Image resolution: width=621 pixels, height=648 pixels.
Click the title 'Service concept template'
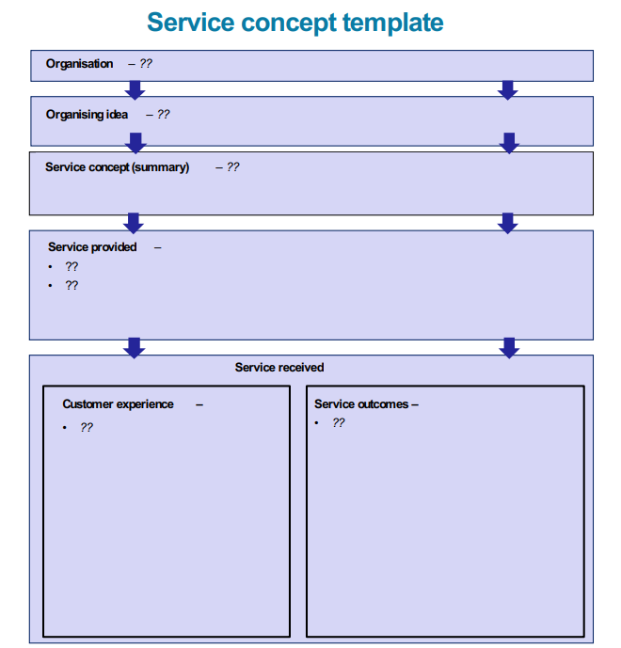click(x=295, y=23)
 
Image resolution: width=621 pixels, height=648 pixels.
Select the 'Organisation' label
click(x=79, y=64)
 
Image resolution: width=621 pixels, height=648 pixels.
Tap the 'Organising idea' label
click(x=87, y=115)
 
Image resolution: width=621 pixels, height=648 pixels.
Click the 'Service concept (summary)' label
click(x=117, y=167)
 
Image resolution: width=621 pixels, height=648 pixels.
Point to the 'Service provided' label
click(x=92, y=247)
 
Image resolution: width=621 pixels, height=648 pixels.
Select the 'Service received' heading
click(x=279, y=368)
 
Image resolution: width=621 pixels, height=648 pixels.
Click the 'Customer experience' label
click(x=118, y=404)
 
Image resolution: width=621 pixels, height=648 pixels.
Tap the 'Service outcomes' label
click(x=361, y=404)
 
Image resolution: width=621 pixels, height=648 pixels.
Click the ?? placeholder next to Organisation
click(x=145, y=64)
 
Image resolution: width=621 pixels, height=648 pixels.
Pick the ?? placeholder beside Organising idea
click(x=163, y=115)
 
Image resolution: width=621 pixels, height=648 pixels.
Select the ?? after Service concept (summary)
click(x=232, y=167)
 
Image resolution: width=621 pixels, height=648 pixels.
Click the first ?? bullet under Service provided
click(x=72, y=267)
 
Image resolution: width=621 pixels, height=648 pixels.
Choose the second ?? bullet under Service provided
click(x=72, y=285)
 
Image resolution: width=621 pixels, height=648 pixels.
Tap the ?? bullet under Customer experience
click(x=87, y=427)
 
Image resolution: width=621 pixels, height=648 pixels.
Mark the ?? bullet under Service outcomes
click(x=339, y=423)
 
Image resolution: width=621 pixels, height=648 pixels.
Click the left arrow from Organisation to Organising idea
click(x=135, y=89)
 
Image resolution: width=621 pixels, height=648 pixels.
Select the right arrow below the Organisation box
click(x=508, y=89)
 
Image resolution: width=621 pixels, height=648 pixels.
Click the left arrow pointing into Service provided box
click(x=134, y=223)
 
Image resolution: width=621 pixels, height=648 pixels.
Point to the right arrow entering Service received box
click(x=509, y=347)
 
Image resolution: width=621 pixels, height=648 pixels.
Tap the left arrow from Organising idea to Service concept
click(x=135, y=142)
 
